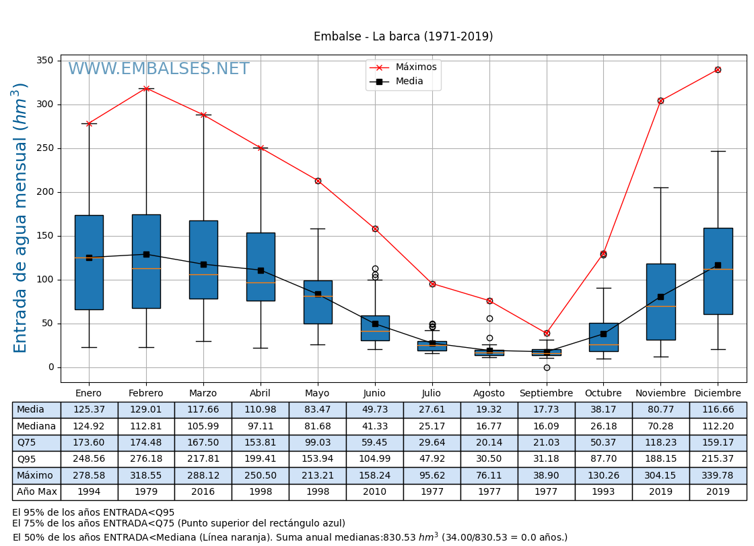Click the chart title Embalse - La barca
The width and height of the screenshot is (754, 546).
[x=403, y=36]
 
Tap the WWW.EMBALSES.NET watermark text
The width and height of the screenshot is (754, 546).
[x=159, y=69]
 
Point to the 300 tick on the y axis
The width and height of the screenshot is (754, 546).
[x=45, y=104]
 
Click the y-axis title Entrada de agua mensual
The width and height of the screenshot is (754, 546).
[x=21, y=218]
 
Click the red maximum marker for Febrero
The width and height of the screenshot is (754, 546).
[x=146, y=88]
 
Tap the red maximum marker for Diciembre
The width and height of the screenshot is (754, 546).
[x=718, y=69]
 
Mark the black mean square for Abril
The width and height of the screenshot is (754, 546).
[x=261, y=270]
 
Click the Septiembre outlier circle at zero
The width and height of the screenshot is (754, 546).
[x=547, y=367]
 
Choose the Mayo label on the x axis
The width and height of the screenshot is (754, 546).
[x=317, y=394]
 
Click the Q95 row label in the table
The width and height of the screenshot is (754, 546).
[x=26, y=459]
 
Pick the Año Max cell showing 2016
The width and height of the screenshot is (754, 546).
[x=203, y=492]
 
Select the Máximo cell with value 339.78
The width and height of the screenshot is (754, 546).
[x=718, y=475]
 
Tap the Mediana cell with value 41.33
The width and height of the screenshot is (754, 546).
[x=374, y=426]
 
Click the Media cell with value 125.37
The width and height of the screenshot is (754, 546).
[x=89, y=410]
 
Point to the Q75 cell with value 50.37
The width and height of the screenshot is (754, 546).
[x=603, y=442]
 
